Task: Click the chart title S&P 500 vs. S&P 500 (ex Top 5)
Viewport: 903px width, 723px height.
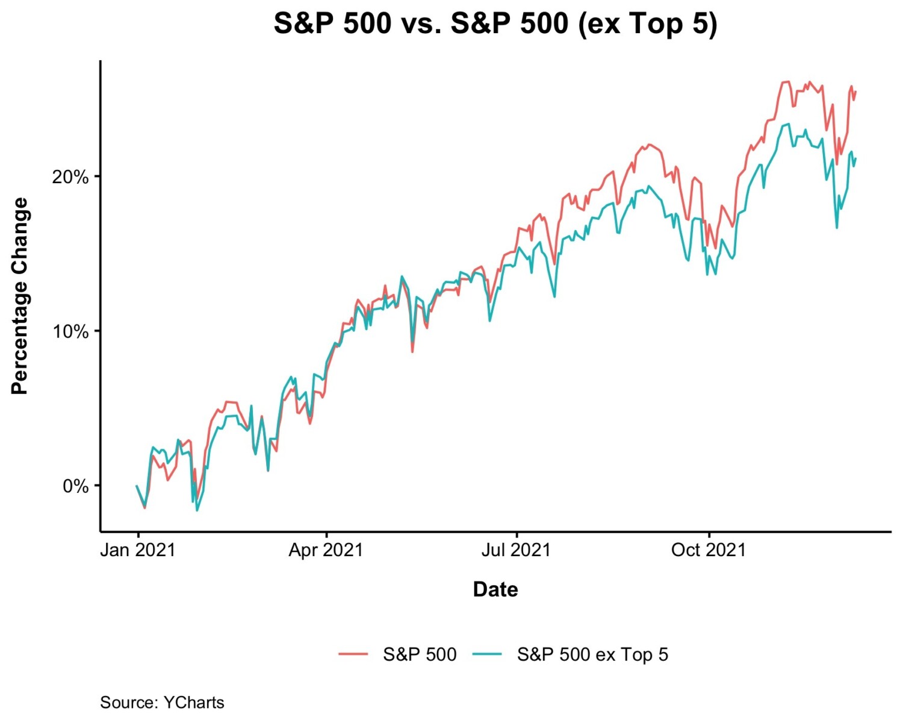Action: click(495, 24)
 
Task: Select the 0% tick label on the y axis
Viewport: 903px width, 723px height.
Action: click(75, 486)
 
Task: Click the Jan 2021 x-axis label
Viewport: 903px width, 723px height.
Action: click(137, 550)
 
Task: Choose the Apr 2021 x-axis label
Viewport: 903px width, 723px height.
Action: click(326, 550)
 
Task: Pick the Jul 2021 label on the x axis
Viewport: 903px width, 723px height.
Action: click(516, 550)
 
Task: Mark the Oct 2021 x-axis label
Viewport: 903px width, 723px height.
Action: click(709, 550)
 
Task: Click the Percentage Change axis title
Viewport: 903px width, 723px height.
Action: click(20, 296)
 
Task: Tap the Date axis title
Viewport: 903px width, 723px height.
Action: click(495, 589)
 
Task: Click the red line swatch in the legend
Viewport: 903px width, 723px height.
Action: click(353, 654)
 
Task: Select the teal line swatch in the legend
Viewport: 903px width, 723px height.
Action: click(487, 654)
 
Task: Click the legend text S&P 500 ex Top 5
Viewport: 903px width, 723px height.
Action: click(592, 655)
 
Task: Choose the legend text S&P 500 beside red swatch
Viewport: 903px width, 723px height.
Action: click(420, 655)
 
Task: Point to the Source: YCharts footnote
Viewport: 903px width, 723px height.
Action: click(162, 703)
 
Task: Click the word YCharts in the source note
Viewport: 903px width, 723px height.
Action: click(194, 703)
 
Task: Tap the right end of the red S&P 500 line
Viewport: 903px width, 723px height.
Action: click(855, 92)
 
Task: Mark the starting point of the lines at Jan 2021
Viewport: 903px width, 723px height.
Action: click(137, 486)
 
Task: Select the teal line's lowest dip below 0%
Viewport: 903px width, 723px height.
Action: click(197, 510)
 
